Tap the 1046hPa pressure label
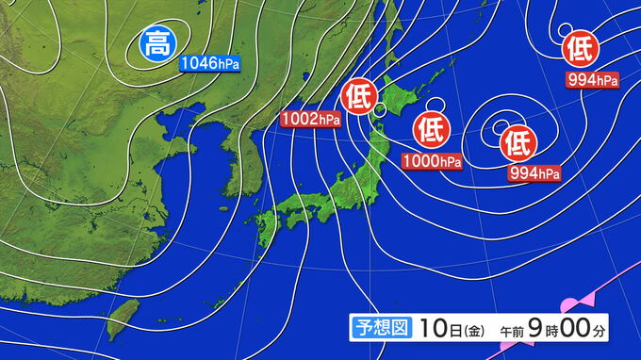(x=209, y=63)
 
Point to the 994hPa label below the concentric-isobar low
(x=534, y=172)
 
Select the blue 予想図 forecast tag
(x=381, y=328)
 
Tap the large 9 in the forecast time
(x=534, y=328)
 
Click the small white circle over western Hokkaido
(x=379, y=110)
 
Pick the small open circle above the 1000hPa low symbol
(x=435, y=104)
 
